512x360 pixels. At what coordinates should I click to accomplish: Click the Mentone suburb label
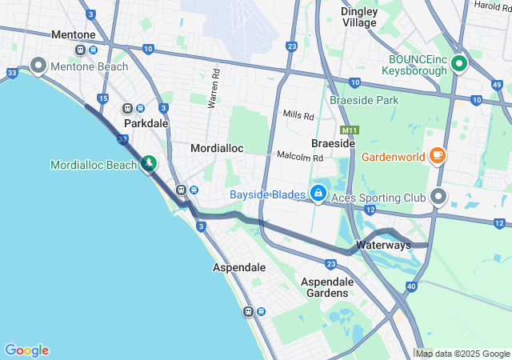click(x=73, y=35)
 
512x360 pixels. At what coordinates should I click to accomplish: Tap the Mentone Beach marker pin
click(x=38, y=65)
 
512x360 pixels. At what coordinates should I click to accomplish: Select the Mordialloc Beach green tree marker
click(x=148, y=164)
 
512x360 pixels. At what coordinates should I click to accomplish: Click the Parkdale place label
click(x=146, y=124)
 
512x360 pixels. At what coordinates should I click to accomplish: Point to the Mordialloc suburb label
click(x=216, y=149)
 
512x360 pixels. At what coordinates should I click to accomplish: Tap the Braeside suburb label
click(x=333, y=142)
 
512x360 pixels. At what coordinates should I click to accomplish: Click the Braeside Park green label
click(x=364, y=101)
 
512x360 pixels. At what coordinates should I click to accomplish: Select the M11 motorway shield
click(x=349, y=130)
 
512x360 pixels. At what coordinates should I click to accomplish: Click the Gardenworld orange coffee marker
click(x=438, y=155)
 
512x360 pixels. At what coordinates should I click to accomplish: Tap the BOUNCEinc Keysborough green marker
click(x=458, y=62)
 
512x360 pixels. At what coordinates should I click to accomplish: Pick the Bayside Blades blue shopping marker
click(x=318, y=193)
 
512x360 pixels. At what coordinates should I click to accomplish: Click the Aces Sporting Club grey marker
click(x=438, y=195)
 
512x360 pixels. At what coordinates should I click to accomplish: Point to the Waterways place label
click(x=383, y=245)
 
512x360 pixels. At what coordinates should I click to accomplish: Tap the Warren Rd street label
click(x=214, y=88)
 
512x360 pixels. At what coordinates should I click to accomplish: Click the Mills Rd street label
click(x=298, y=116)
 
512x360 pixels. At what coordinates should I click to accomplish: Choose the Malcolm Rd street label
click(x=300, y=156)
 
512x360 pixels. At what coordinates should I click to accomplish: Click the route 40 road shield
click(x=411, y=286)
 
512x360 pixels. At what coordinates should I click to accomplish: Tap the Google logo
click(x=26, y=350)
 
